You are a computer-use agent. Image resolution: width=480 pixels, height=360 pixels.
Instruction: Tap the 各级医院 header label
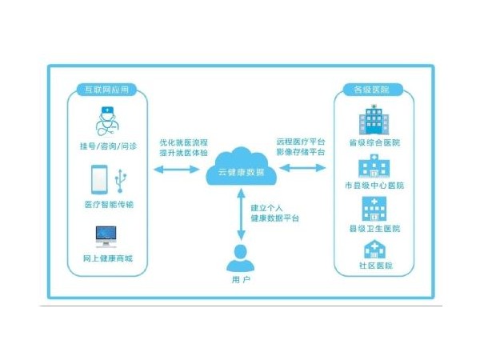tap(371, 90)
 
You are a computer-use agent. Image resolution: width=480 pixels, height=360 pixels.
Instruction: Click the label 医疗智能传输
tap(107, 205)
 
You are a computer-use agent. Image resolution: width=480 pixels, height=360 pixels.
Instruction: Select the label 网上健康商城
tap(107, 259)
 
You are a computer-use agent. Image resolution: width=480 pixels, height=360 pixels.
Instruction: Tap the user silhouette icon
tap(241, 258)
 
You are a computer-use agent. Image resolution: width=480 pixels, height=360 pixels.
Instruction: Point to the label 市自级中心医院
tap(374, 186)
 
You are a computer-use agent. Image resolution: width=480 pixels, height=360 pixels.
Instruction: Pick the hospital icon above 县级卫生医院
tap(373, 208)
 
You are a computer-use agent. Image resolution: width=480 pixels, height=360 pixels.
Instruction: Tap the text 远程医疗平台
tap(301, 141)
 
